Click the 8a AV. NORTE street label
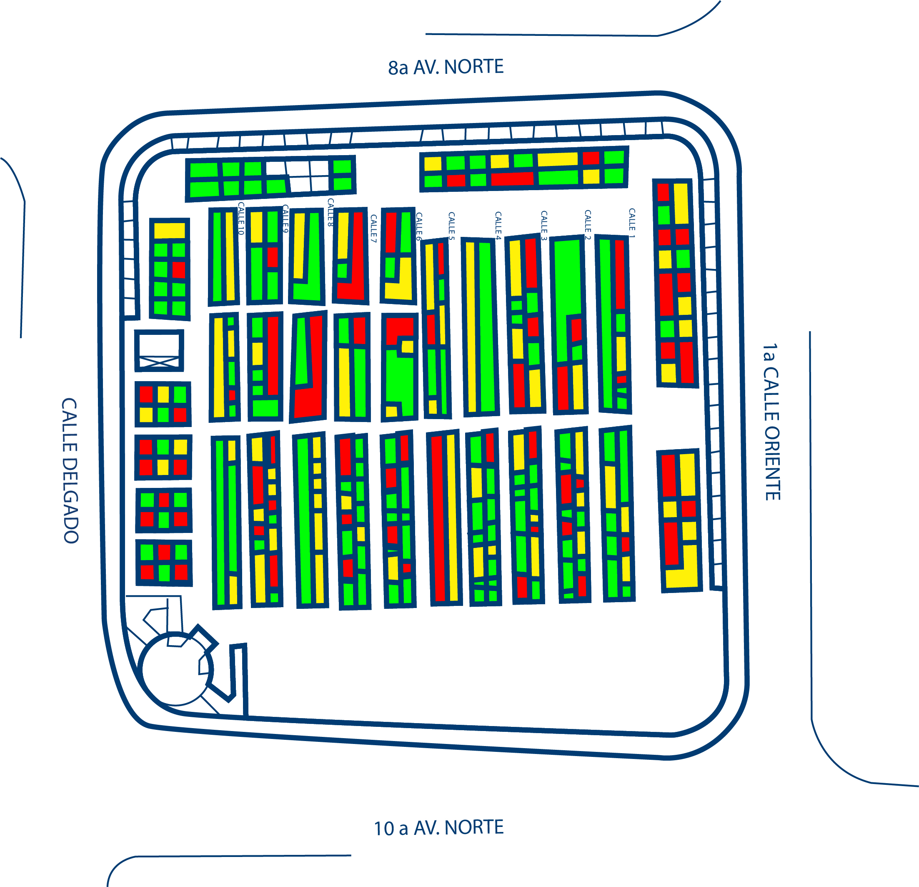(446, 67)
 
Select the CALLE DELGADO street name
(70, 470)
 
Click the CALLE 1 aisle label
(631, 220)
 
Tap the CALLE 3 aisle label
(544, 225)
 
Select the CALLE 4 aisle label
(498, 226)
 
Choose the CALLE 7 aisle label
(373, 229)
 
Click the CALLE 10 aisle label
(241, 218)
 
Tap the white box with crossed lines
(159, 350)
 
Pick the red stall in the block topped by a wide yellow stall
(179, 270)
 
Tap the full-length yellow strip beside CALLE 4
(470, 327)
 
